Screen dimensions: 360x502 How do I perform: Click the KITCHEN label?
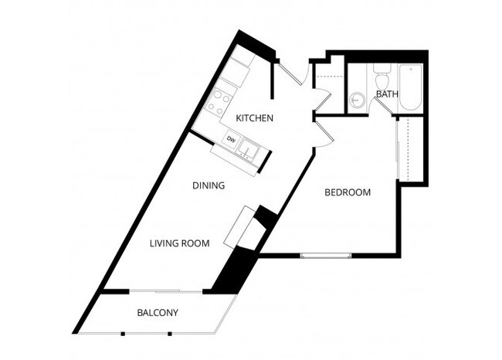pos(255,118)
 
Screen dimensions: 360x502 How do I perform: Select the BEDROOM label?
pos(348,192)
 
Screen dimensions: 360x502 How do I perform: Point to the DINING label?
pos(209,185)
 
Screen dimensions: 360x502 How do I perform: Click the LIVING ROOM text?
pos(180,243)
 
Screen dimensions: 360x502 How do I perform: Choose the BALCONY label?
pos(158,313)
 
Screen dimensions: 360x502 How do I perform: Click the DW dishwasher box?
pos(230,140)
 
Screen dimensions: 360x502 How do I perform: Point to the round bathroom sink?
pos(357,99)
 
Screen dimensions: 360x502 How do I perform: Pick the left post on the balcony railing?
pos(123,333)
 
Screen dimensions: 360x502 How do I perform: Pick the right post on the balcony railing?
pos(169,333)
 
